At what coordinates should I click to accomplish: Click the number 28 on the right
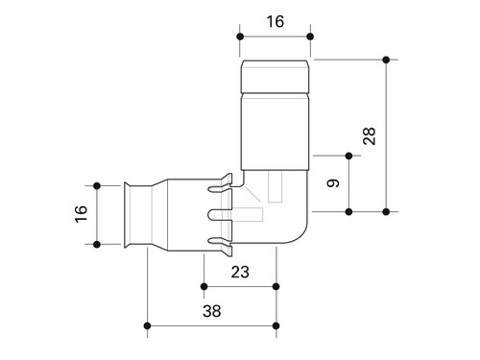pyautogui.click(x=370, y=136)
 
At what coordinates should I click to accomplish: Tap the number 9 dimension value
pyautogui.click(x=333, y=183)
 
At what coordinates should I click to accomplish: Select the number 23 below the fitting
pyautogui.click(x=240, y=272)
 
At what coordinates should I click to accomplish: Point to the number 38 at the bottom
pyautogui.click(x=212, y=311)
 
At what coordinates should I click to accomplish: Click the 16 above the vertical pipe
pyautogui.click(x=276, y=21)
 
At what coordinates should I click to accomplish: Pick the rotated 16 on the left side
pyautogui.click(x=81, y=214)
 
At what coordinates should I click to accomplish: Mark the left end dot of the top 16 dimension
pyautogui.click(x=240, y=36)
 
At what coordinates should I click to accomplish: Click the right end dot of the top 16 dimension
pyautogui.click(x=310, y=36)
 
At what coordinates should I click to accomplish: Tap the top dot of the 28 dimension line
pyautogui.click(x=386, y=60)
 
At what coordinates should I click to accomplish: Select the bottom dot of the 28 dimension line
pyautogui.click(x=386, y=211)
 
